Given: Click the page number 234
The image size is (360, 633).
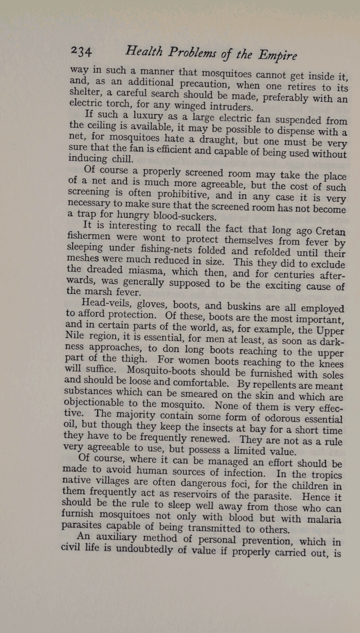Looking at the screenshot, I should pyautogui.click(x=81, y=51).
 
